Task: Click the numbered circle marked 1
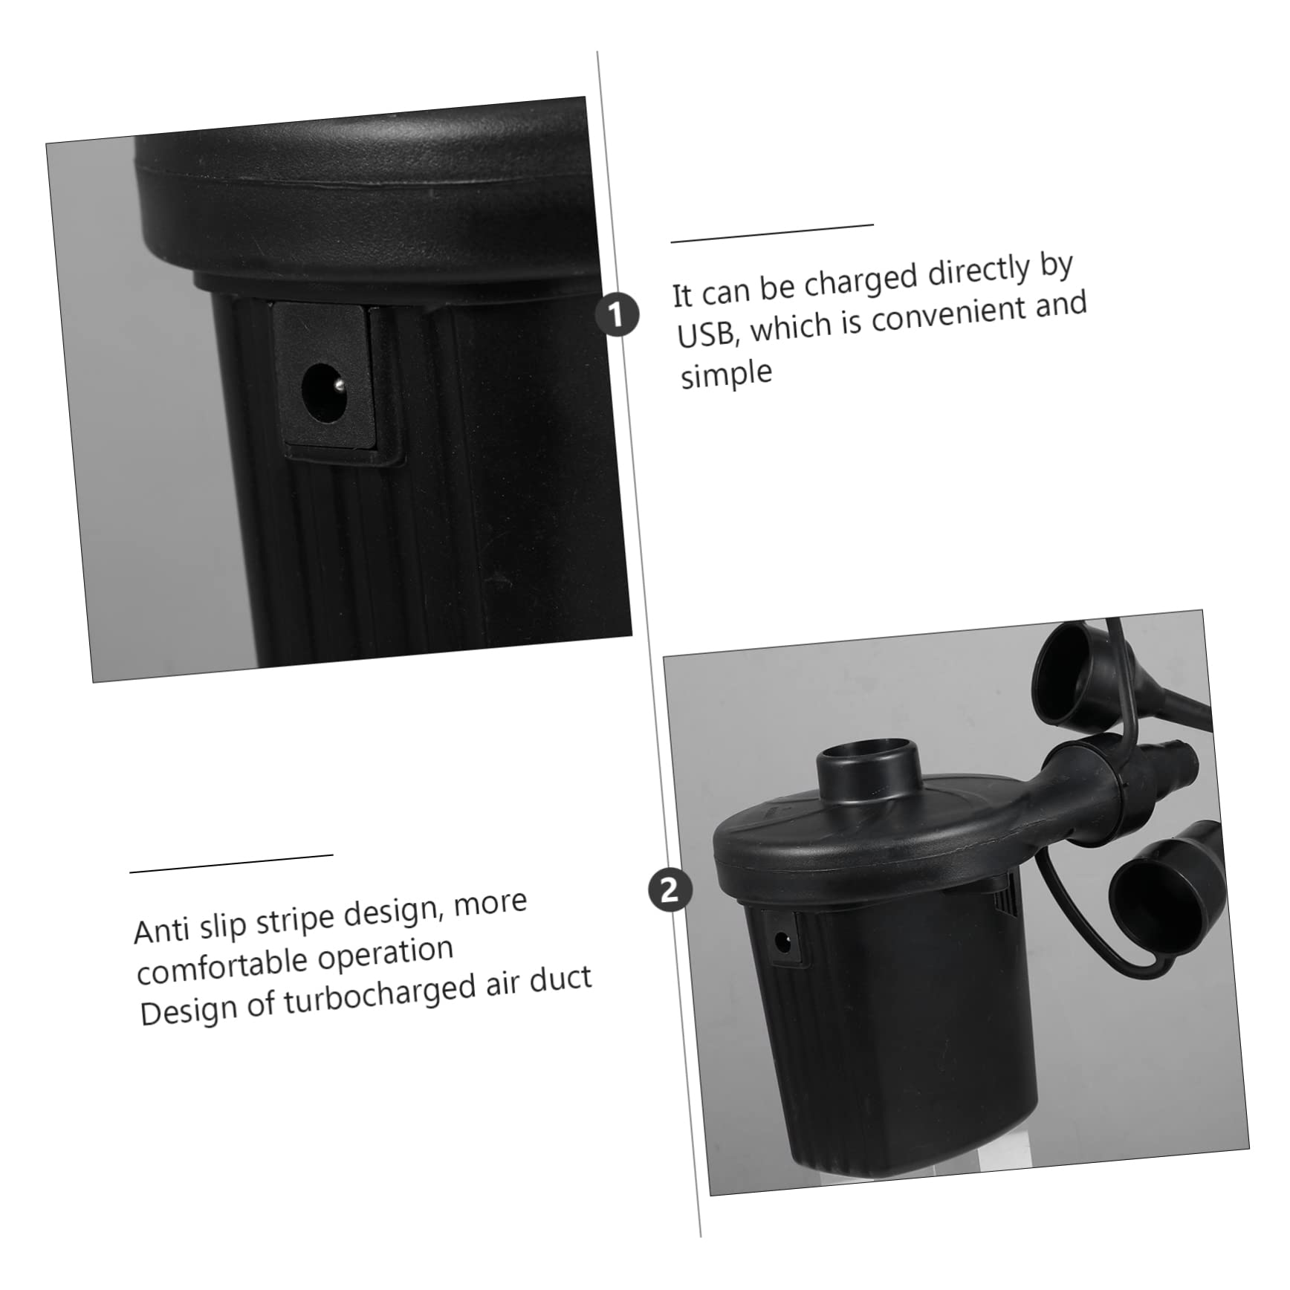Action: (617, 314)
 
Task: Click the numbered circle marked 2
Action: (670, 889)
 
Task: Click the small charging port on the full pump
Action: (782, 942)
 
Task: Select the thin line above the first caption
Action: (771, 233)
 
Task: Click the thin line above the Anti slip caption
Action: (231, 863)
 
